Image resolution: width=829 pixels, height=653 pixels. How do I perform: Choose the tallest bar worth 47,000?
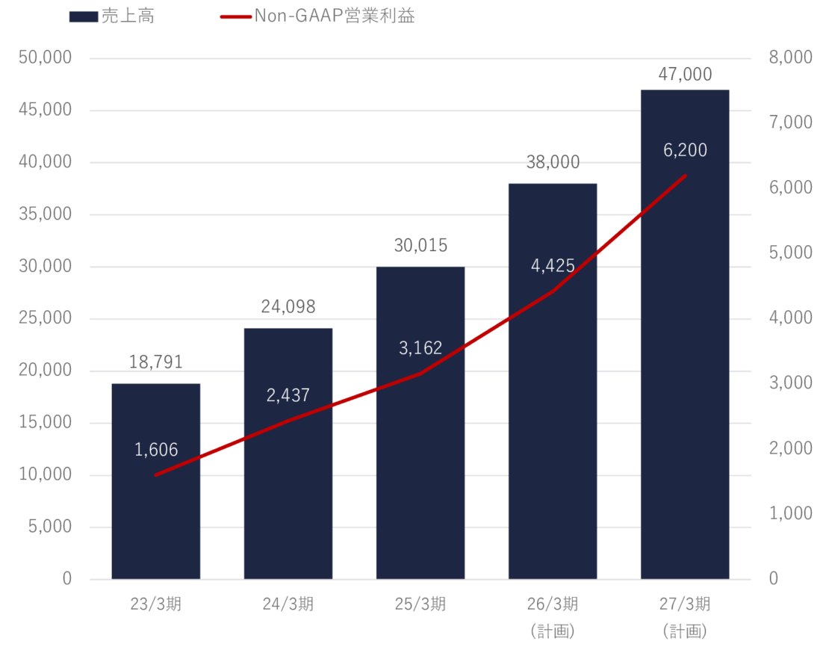pyautogui.click(x=684, y=374)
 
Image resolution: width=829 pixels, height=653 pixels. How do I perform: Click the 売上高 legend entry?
pyautogui.click(x=111, y=16)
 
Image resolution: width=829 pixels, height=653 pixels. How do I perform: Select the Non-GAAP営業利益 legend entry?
pyautogui.click(x=317, y=16)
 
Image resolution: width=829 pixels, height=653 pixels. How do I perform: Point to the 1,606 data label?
pyautogui.click(x=156, y=450)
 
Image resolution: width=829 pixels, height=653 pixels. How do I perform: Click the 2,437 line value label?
pyautogui.click(x=288, y=395)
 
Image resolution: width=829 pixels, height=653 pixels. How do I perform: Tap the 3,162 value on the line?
pyautogui.click(x=420, y=347)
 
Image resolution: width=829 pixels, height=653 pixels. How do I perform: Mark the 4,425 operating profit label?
pyautogui.click(x=552, y=266)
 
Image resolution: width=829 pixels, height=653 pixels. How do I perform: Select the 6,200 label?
pyautogui.click(x=684, y=150)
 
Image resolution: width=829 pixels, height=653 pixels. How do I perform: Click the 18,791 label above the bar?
pyautogui.click(x=155, y=362)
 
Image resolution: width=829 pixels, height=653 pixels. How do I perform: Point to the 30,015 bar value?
pyautogui.click(x=420, y=246)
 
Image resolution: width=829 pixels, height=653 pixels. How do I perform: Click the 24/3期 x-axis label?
pyautogui.click(x=288, y=604)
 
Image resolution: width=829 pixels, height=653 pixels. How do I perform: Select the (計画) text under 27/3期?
pyautogui.click(x=684, y=631)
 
